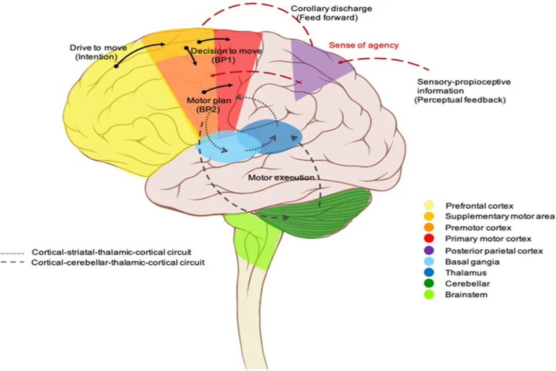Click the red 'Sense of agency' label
click(364, 45)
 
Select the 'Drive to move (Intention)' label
click(94, 52)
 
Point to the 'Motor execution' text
click(281, 178)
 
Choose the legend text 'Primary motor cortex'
click(488, 239)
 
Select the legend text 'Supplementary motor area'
click(500, 217)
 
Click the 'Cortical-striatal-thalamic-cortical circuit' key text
click(111, 253)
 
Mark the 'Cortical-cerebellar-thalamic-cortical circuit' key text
click(118, 262)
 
